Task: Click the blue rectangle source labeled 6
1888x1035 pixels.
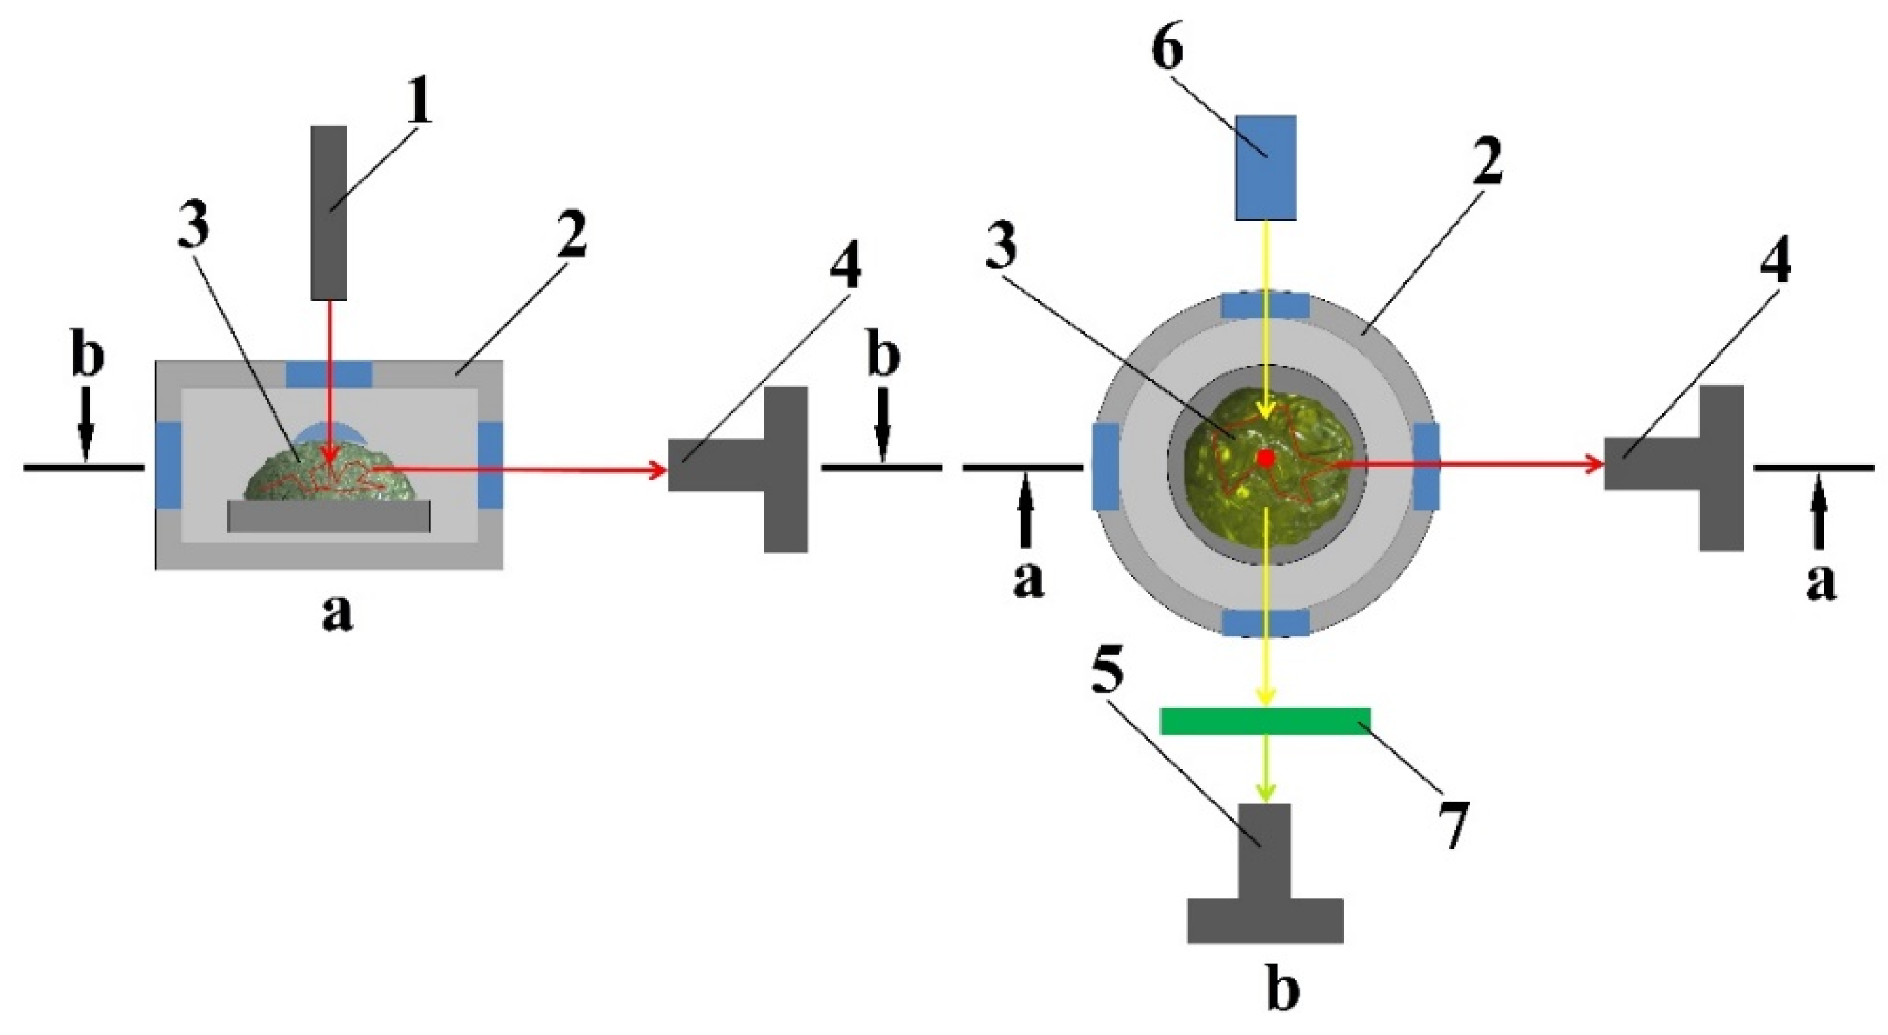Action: (1265, 167)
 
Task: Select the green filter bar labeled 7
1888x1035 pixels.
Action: (1265, 720)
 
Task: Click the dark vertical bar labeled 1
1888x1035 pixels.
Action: (329, 212)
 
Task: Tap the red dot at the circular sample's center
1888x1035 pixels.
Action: (1266, 458)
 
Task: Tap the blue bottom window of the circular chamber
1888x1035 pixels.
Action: (1266, 622)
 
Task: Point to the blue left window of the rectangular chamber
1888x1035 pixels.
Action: (169, 465)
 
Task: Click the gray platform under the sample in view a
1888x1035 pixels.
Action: (329, 516)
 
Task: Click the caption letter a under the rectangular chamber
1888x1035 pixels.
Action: (337, 615)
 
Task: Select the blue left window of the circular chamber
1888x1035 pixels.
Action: (1105, 467)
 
